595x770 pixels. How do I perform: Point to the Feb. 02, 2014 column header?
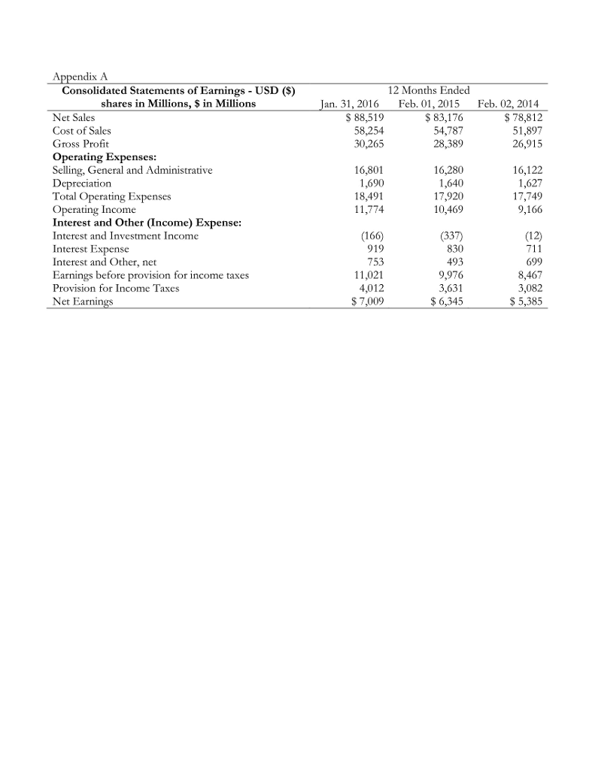[514, 104]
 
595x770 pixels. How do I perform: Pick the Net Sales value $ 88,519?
[364, 117]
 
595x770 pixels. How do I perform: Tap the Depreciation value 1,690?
[369, 183]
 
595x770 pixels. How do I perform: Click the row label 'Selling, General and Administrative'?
[132, 170]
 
